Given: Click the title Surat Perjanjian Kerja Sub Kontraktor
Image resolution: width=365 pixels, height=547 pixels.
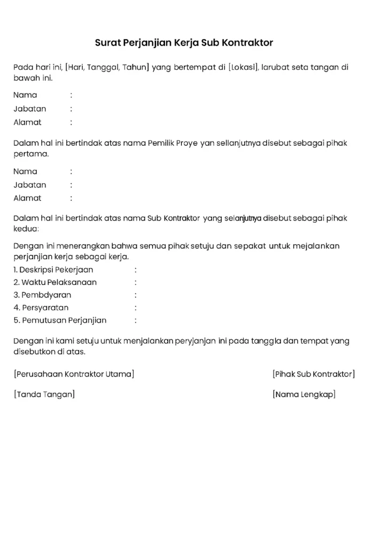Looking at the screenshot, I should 184,42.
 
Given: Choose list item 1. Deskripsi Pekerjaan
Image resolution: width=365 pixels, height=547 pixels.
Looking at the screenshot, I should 53,270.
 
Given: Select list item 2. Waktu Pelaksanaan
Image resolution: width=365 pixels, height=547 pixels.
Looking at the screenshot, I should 55,282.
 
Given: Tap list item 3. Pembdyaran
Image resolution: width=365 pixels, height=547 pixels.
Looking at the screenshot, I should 42,295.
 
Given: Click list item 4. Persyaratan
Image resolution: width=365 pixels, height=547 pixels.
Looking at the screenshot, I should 41,308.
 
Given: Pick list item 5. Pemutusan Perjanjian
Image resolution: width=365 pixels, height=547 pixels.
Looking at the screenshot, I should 60,321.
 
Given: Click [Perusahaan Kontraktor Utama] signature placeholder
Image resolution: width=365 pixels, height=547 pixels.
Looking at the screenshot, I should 74,374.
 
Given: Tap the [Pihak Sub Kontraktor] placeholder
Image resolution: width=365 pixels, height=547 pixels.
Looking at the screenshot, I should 313,374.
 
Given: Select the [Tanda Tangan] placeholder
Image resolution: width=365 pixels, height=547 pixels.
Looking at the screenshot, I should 44,395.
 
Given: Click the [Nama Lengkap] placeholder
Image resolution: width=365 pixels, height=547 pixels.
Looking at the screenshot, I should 304,395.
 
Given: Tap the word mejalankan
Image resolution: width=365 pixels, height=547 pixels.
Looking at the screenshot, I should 315,246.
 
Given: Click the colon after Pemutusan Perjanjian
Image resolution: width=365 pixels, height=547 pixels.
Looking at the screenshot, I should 136,321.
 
